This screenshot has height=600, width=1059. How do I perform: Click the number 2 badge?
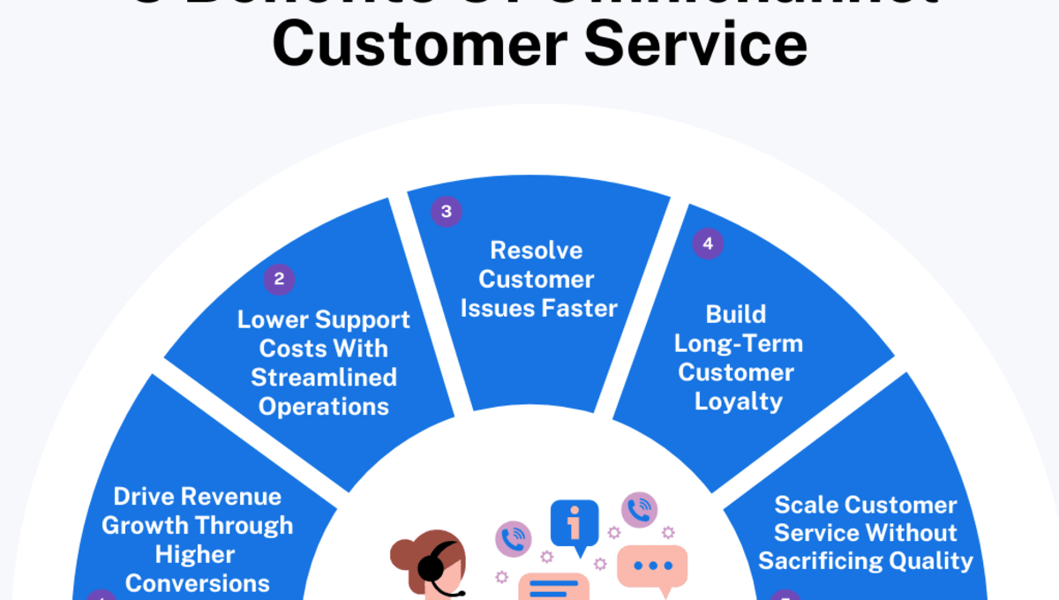tap(279, 280)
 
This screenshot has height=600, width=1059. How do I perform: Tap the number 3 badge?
tap(446, 212)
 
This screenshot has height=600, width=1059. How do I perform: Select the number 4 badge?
tap(707, 244)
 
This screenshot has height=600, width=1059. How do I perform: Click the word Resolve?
tap(537, 251)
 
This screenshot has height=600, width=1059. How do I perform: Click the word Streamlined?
tap(324, 378)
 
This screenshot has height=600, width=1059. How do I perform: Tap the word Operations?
tap(324, 407)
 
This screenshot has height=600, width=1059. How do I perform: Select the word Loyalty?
tap(739, 401)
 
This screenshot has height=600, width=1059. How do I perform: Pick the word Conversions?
tap(198, 583)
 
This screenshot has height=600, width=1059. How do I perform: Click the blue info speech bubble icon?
tap(575, 526)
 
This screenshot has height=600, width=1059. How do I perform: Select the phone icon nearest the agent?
tap(513, 538)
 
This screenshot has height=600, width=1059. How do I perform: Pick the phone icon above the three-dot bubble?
tap(639, 510)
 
